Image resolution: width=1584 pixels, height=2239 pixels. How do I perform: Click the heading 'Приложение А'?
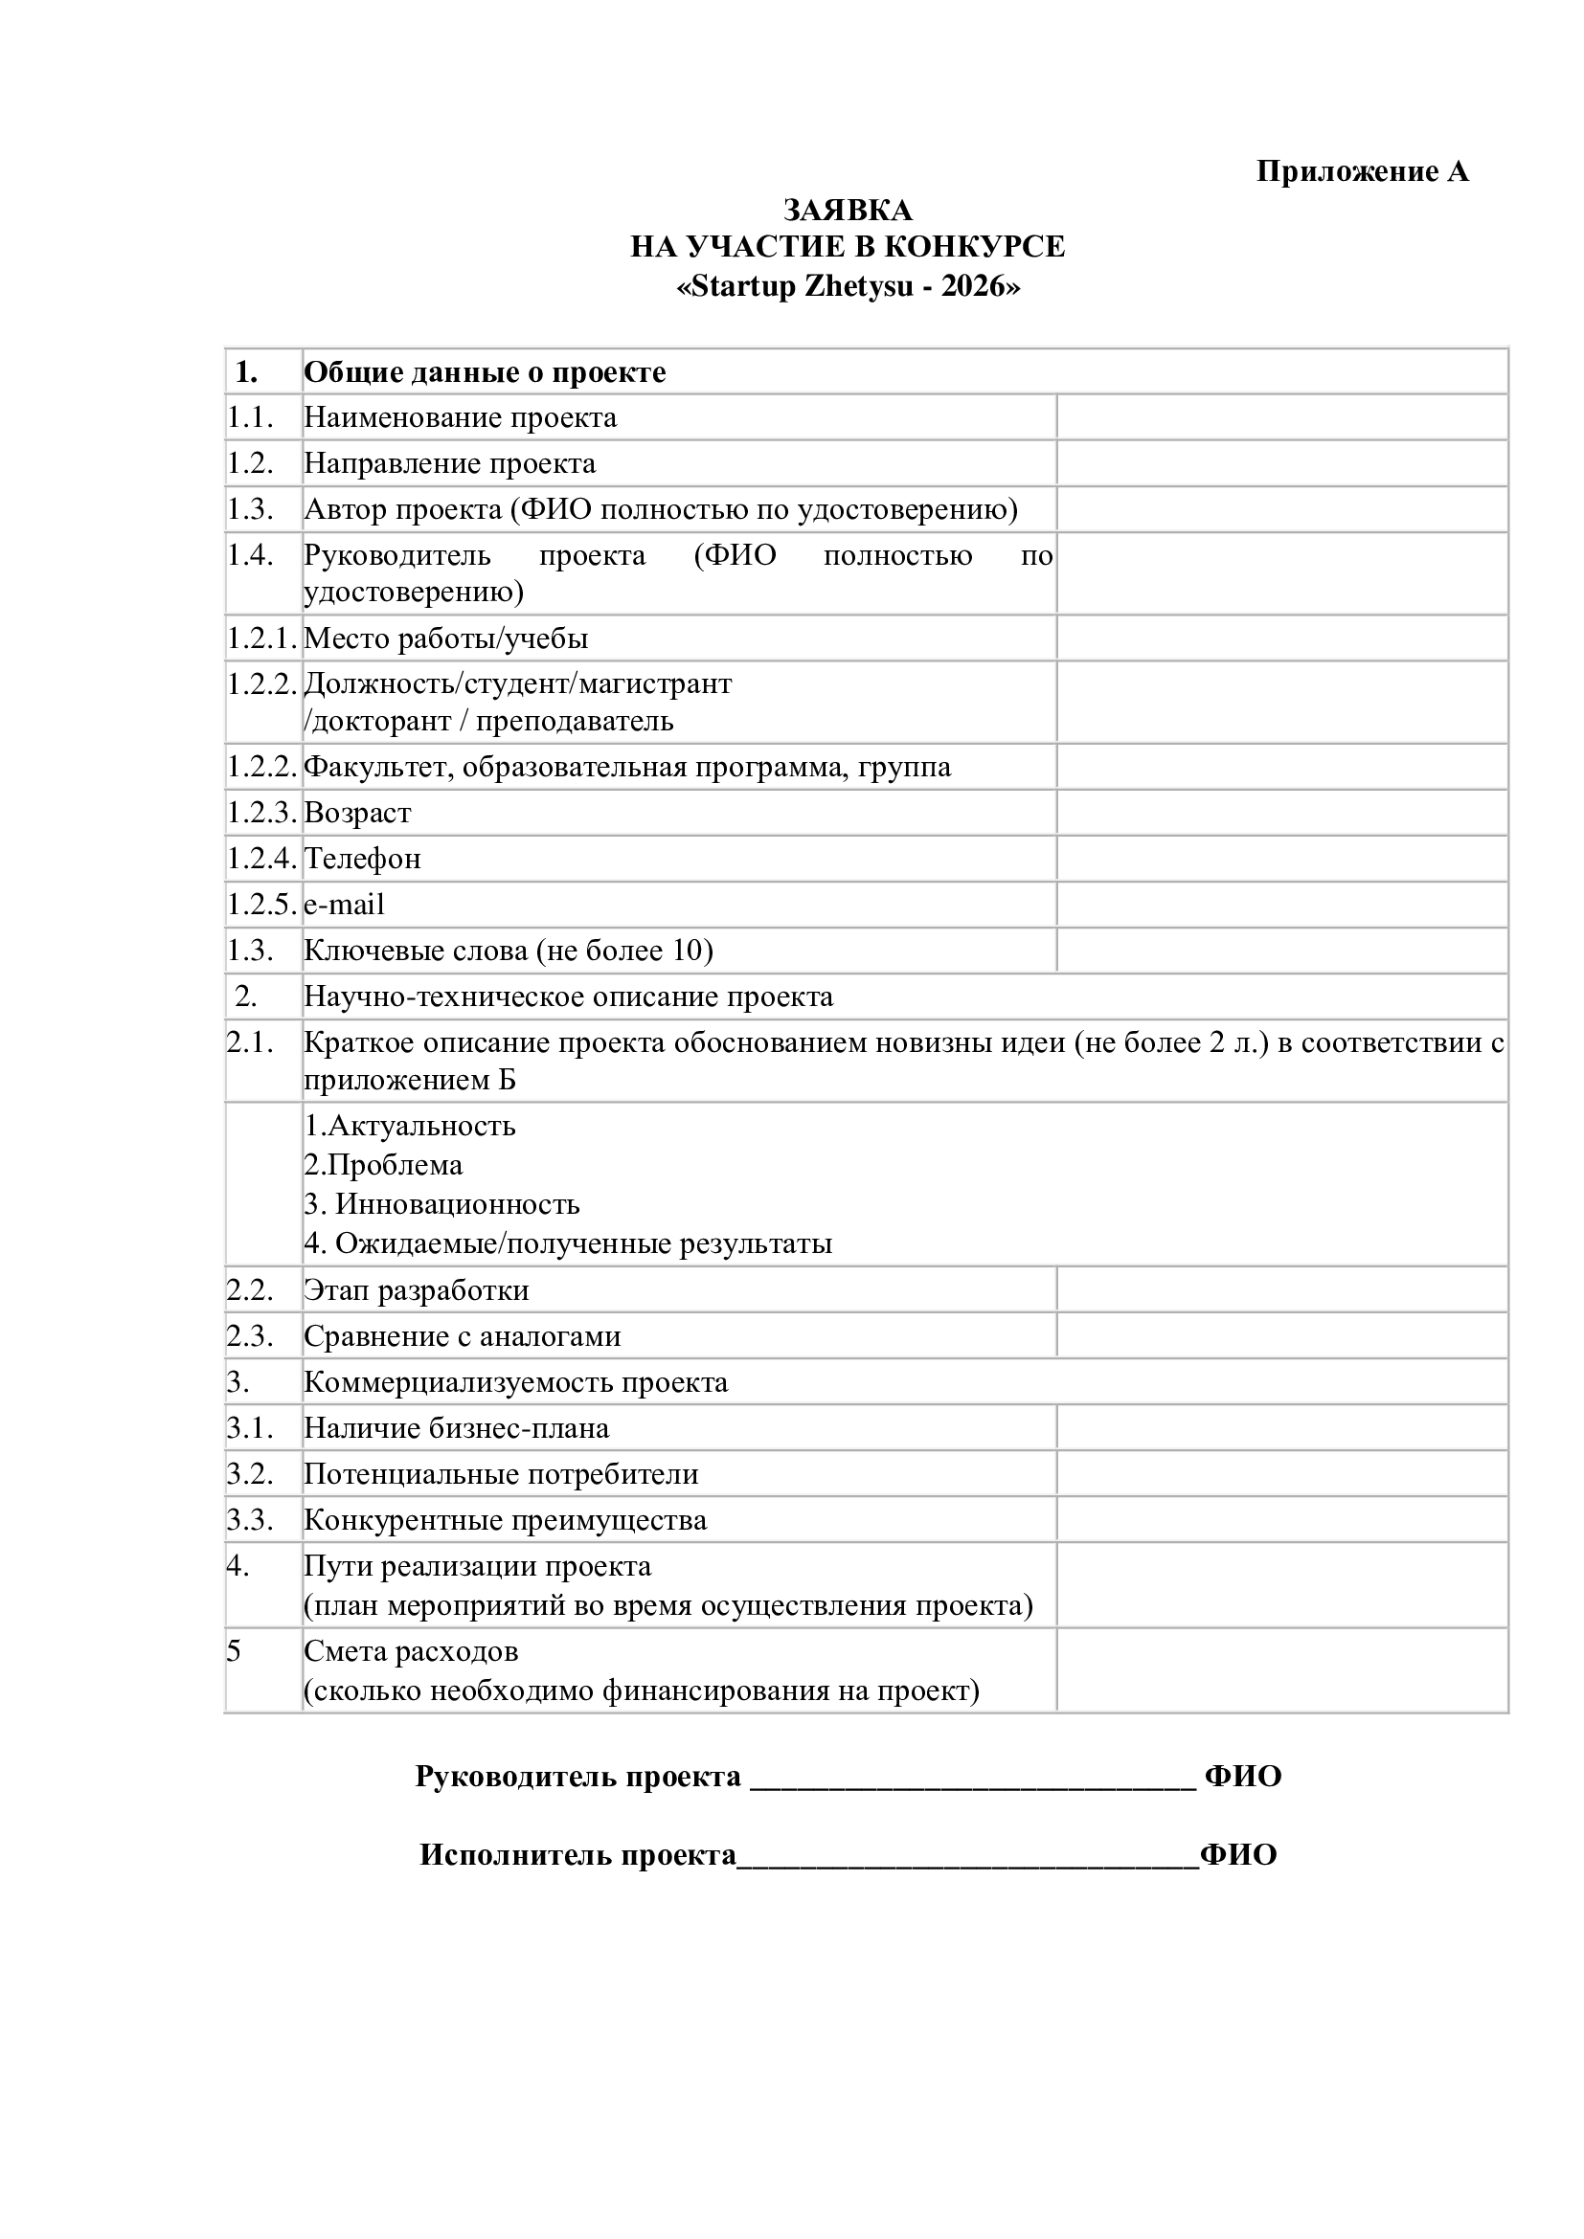[x=1361, y=171]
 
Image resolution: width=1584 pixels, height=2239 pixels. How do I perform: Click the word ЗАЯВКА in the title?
[x=848, y=210]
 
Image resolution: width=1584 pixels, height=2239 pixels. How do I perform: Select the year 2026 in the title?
[x=972, y=288]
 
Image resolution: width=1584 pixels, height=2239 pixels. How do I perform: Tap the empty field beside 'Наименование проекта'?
[x=1281, y=417]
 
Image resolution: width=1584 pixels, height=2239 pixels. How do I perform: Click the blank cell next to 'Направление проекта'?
[x=1281, y=463]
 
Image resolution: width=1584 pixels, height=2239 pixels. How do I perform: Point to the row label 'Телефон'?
[x=363, y=858]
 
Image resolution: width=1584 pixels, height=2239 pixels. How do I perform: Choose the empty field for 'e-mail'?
[x=1281, y=904]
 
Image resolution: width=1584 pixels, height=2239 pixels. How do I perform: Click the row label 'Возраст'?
[x=358, y=813]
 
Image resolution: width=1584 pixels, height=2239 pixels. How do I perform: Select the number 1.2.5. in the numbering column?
[x=261, y=904]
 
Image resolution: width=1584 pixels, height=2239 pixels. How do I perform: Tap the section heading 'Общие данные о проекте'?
[x=485, y=372]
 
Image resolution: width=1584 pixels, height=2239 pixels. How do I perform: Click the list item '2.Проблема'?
[x=383, y=1165]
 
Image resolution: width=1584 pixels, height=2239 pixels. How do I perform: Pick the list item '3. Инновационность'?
[x=441, y=1204]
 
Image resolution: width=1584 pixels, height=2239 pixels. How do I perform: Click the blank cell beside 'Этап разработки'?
[x=1281, y=1290]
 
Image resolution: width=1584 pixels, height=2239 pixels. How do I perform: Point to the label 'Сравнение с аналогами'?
[x=463, y=1336]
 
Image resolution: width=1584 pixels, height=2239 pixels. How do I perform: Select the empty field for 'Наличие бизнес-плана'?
[x=1281, y=1427]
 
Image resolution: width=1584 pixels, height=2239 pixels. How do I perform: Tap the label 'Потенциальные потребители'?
[x=501, y=1473]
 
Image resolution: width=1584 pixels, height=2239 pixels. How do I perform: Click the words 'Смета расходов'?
[x=411, y=1651]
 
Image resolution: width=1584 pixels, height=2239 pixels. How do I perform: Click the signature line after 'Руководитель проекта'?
[x=972, y=1778]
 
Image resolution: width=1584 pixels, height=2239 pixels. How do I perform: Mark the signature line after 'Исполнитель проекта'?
[x=966, y=1856]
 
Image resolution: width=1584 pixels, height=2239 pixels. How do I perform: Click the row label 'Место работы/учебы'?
[x=446, y=638]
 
